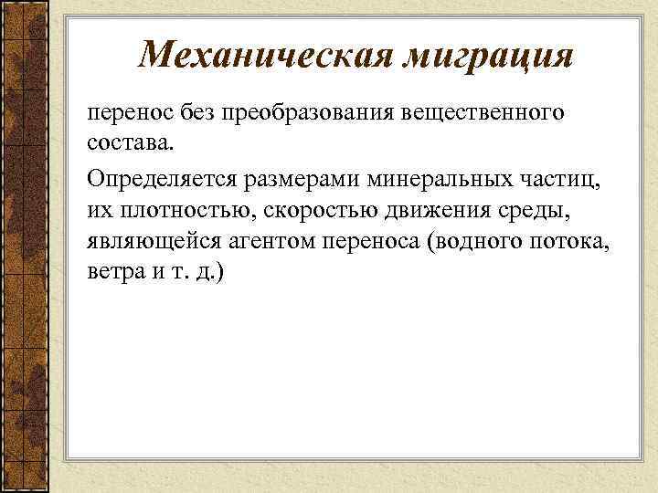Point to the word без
pyautogui.click(x=204, y=115)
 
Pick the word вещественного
pyautogui.click(x=484, y=116)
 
